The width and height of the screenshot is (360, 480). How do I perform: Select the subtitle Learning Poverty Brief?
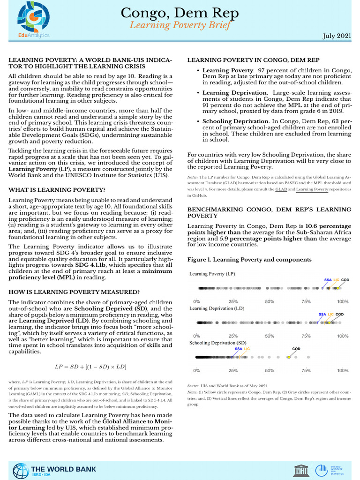[180, 25]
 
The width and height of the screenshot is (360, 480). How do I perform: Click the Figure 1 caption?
[249, 259]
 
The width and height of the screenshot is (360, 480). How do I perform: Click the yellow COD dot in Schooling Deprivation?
[289, 357]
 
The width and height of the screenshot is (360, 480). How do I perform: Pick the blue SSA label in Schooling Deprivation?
[239, 349]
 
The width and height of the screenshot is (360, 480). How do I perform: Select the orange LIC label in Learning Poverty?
[336, 280]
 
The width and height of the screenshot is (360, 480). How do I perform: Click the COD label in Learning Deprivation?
[340, 314]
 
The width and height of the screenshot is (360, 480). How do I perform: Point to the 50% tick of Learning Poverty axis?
[270, 301]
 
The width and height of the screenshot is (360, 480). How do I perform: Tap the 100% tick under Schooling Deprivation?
[343, 370]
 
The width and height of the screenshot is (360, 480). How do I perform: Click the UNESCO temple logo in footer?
[300, 470]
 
